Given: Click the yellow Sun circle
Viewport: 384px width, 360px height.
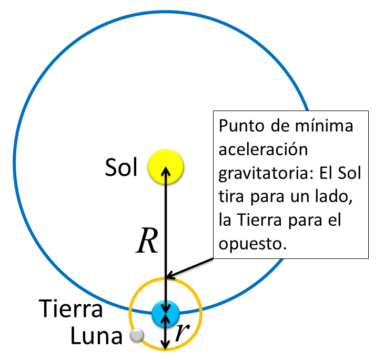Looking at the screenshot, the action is [x=166, y=167].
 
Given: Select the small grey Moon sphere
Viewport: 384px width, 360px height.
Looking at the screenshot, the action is [x=137, y=336].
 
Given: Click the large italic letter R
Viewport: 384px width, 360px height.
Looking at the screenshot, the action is [x=147, y=242].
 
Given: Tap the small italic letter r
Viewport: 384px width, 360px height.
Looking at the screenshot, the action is [x=181, y=332].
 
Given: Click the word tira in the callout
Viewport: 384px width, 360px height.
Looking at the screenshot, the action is [x=230, y=197].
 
